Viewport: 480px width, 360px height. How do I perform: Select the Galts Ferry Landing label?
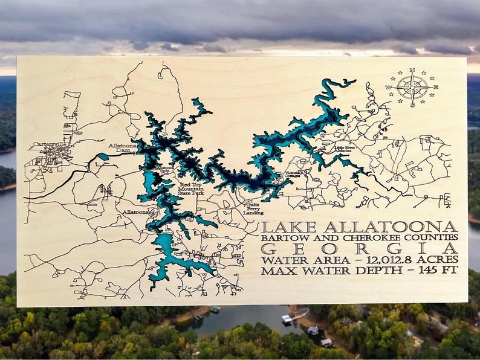(x=253, y=208)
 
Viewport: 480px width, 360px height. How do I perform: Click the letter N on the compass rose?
(x=414, y=72)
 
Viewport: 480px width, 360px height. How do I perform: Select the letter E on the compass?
(x=439, y=87)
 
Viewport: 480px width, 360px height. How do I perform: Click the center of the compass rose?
(x=414, y=87)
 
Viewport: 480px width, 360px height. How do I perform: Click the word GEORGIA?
(x=359, y=248)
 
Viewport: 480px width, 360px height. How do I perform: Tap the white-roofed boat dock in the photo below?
(x=287, y=318)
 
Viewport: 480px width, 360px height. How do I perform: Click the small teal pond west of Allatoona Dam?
(x=103, y=156)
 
